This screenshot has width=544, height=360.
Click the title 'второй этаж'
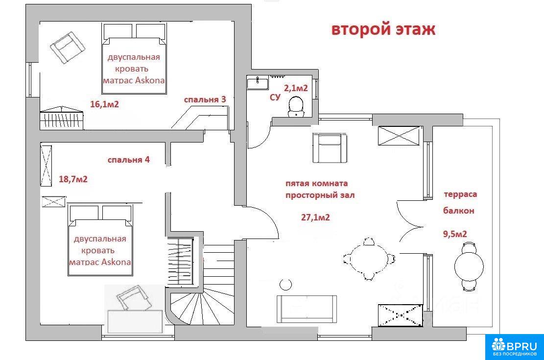[x=383, y=29]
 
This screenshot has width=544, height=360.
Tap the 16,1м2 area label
[x=104, y=104]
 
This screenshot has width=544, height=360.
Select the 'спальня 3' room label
[x=205, y=99]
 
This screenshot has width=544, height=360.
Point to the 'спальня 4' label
[x=128, y=160]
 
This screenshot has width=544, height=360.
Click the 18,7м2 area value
[x=73, y=179]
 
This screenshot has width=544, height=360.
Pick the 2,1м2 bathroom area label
[x=296, y=88]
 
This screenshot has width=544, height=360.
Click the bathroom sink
[x=258, y=84]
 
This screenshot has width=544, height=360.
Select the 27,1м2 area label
[x=315, y=217]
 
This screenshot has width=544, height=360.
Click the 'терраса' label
[x=460, y=194]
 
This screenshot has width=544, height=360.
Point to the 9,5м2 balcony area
[x=455, y=234]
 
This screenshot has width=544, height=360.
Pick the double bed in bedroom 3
[x=135, y=58]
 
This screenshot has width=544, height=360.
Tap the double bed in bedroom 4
[x=100, y=240]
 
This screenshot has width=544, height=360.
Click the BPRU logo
[x=514, y=346]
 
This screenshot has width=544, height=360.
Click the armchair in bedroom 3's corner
[x=68, y=47]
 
